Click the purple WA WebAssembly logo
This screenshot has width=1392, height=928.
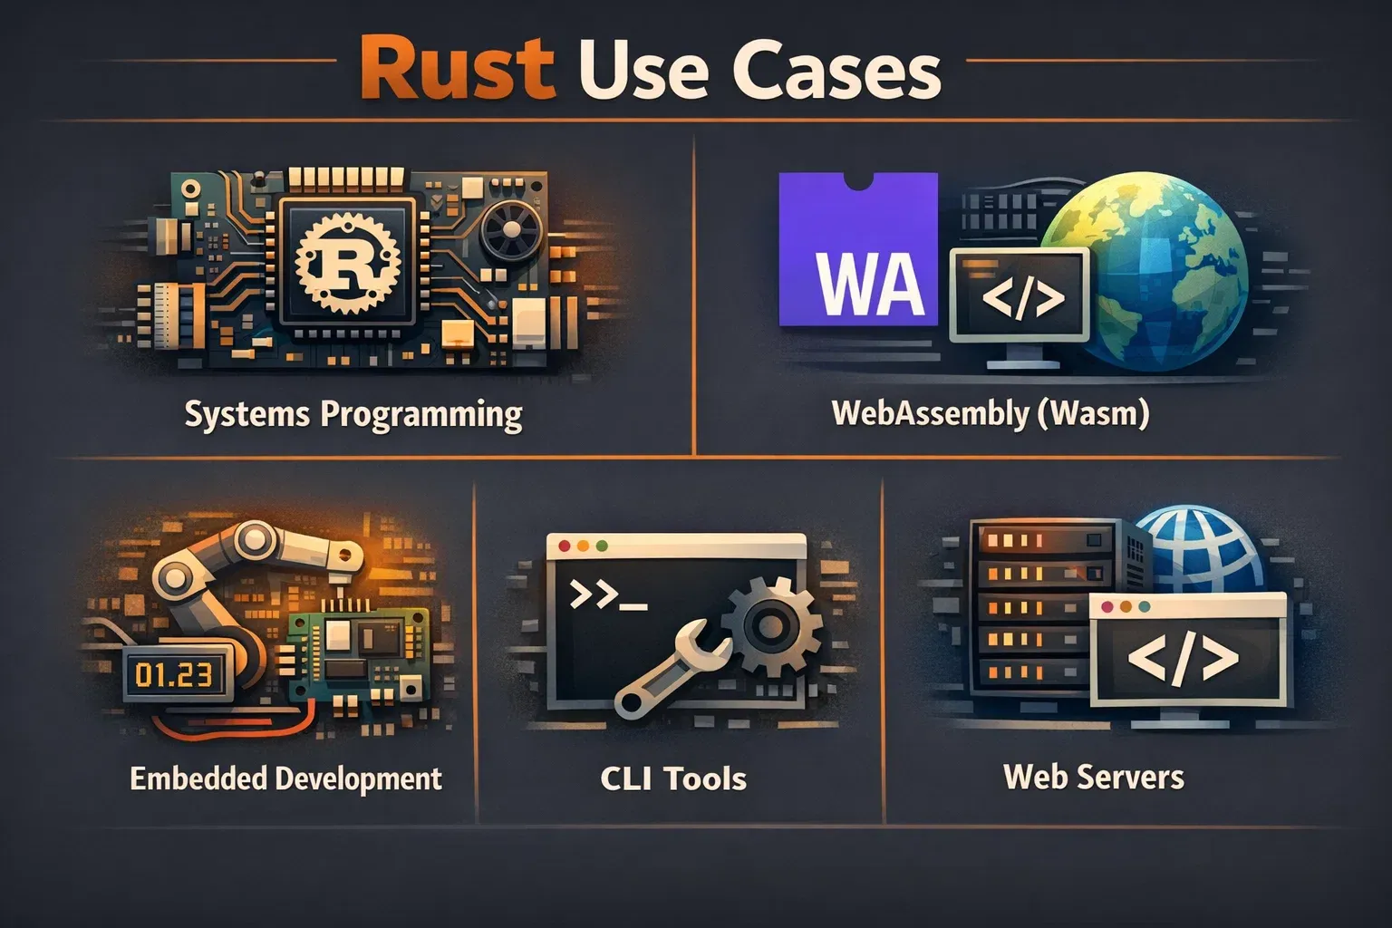coord(858,249)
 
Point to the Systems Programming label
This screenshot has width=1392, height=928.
coord(353,414)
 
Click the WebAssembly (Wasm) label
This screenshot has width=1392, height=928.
coord(991,413)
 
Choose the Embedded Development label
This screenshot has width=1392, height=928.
coord(285,778)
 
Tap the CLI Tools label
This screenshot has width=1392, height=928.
coord(673,778)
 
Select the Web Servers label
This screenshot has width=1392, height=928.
coord(1093,777)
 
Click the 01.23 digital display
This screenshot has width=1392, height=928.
coord(173,674)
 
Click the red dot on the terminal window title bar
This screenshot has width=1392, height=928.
coord(565,546)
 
